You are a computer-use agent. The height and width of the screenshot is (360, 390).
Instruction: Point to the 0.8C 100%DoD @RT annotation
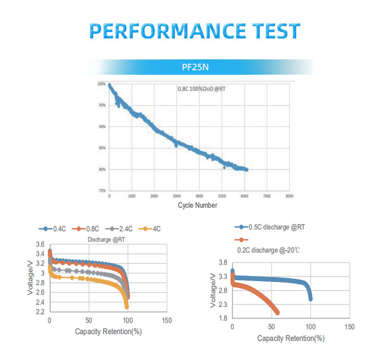click(x=202, y=89)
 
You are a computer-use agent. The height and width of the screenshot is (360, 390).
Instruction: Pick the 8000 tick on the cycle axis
click(x=290, y=196)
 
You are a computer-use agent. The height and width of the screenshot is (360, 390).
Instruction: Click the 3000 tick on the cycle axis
click(x=177, y=196)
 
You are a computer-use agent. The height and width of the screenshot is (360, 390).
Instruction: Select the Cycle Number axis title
click(x=198, y=205)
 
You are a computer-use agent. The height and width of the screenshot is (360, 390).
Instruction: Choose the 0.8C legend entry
click(x=89, y=229)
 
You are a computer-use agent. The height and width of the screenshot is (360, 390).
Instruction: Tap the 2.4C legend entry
click(x=122, y=229)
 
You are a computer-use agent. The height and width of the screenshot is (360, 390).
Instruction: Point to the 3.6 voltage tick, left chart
click(x=40, y=244)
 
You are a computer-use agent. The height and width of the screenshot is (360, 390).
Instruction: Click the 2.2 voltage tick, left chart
click(x=40, y=312)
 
